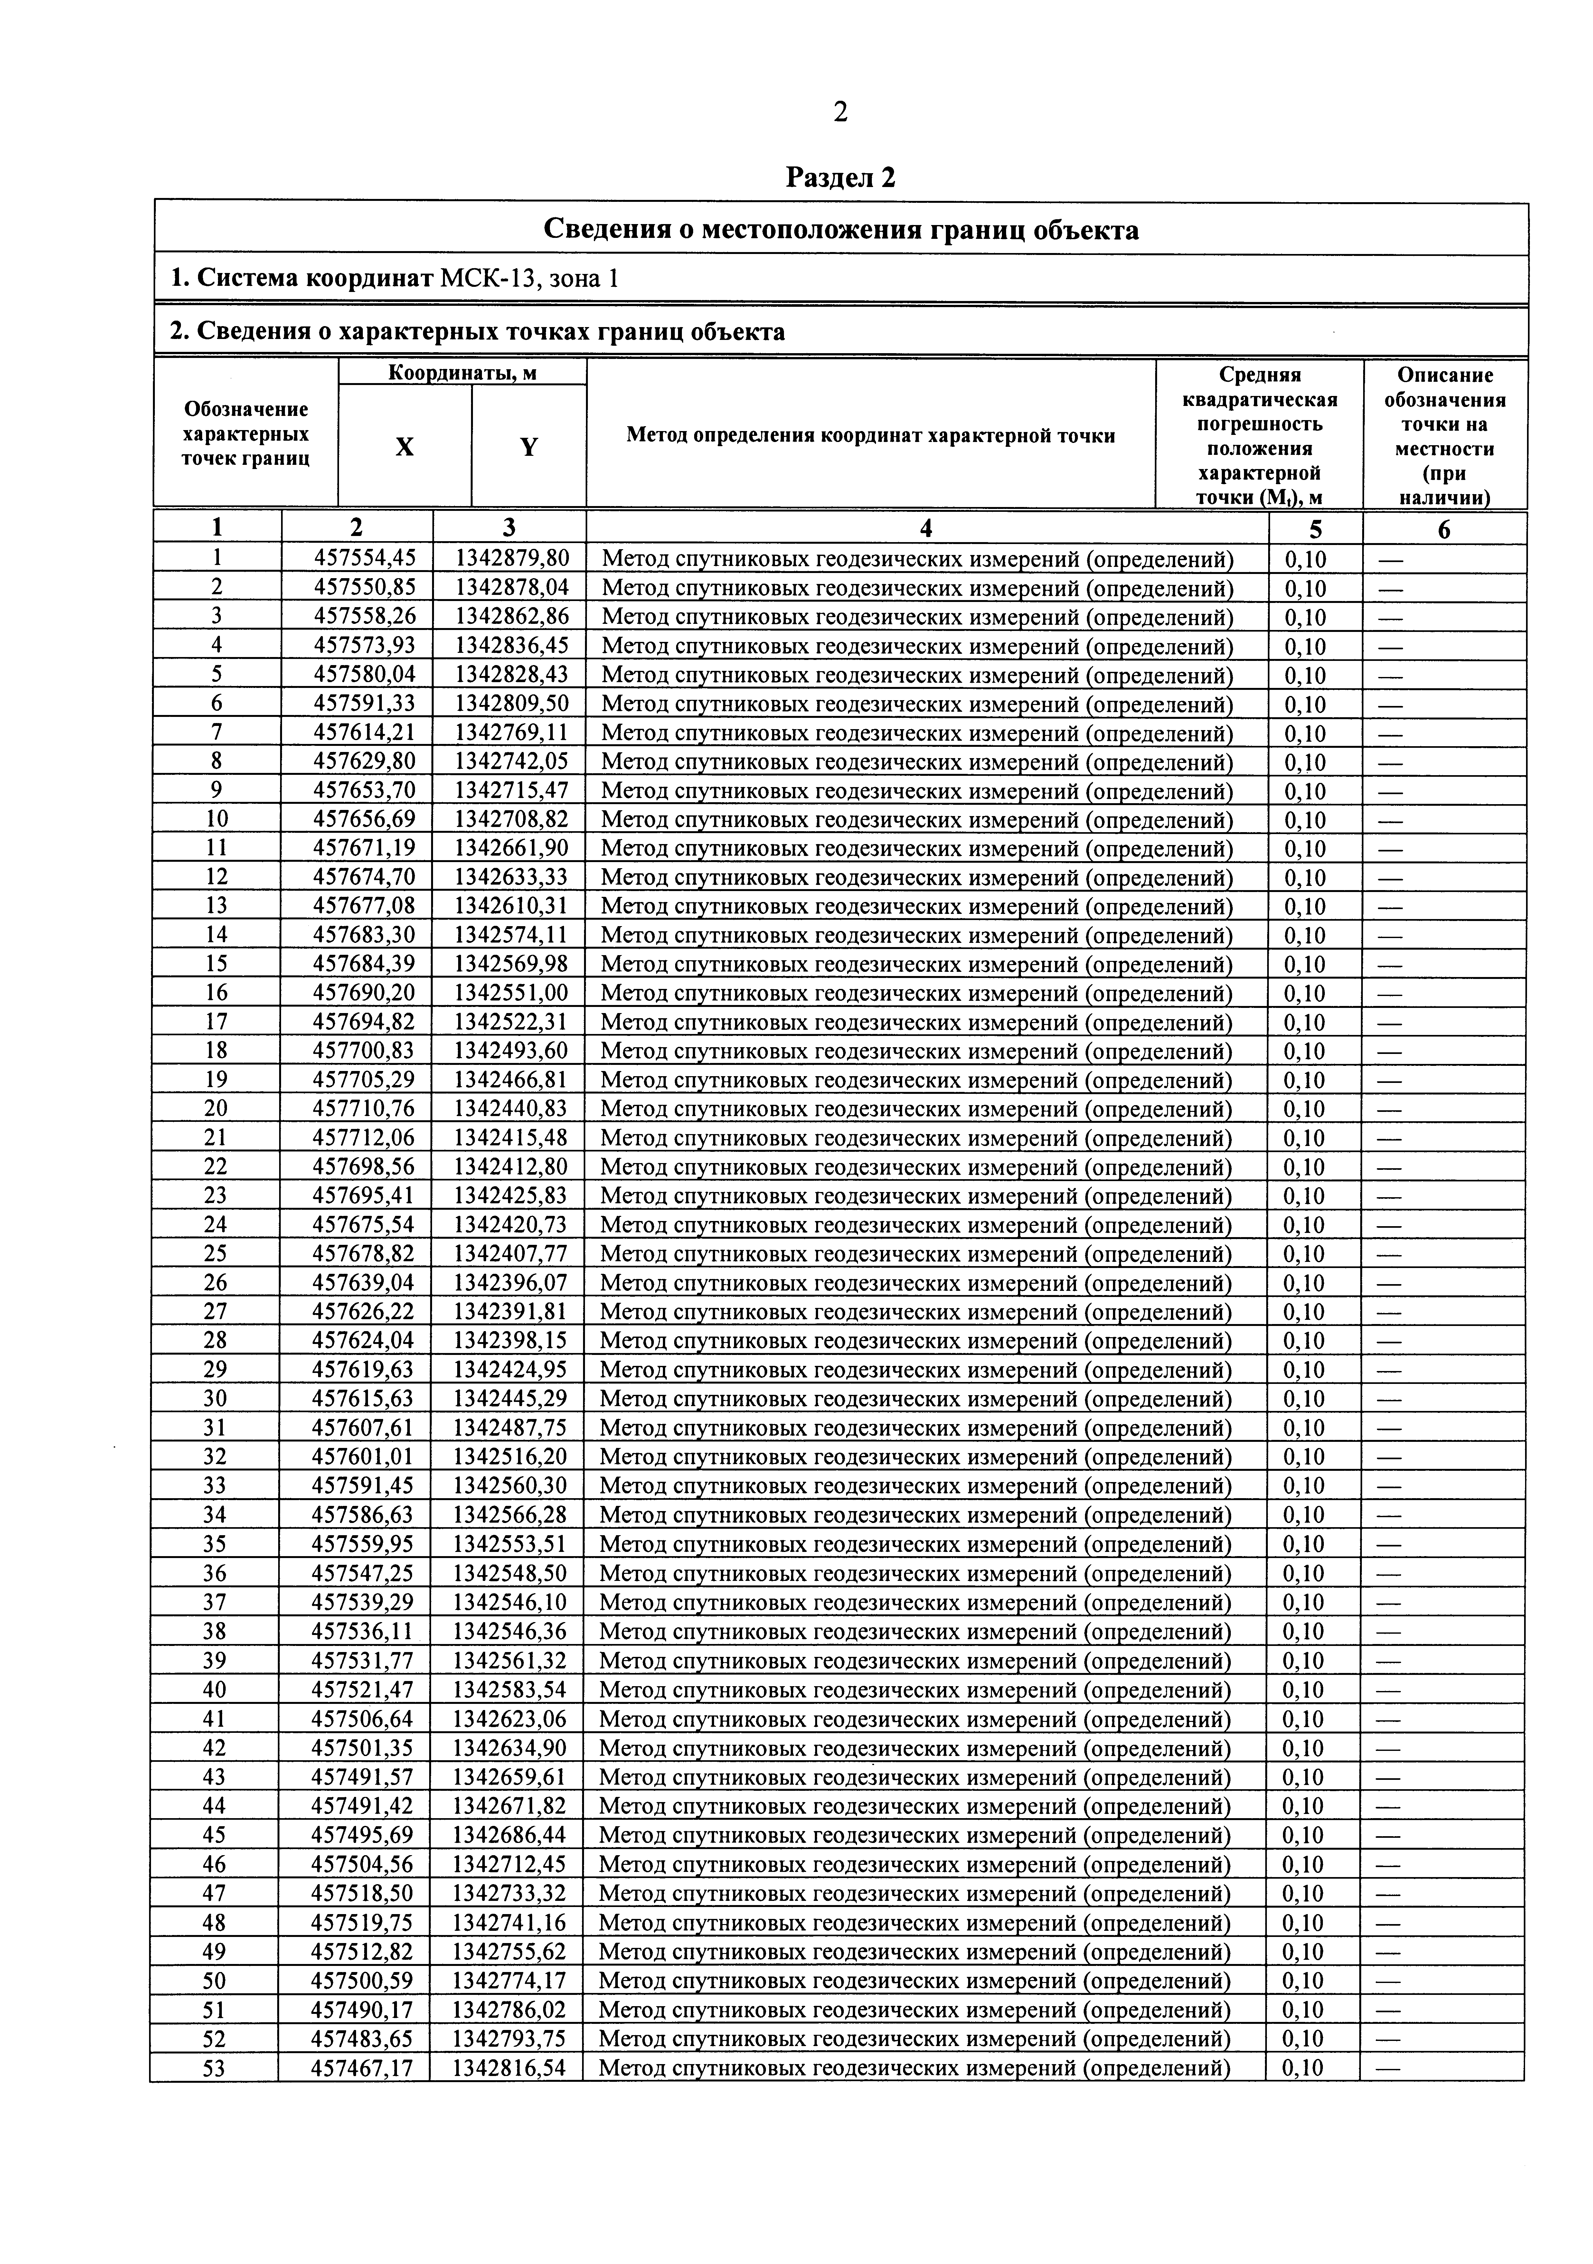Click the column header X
tap(404, 447)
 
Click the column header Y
tap(529, 447)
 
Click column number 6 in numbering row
tap(1444, 530)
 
